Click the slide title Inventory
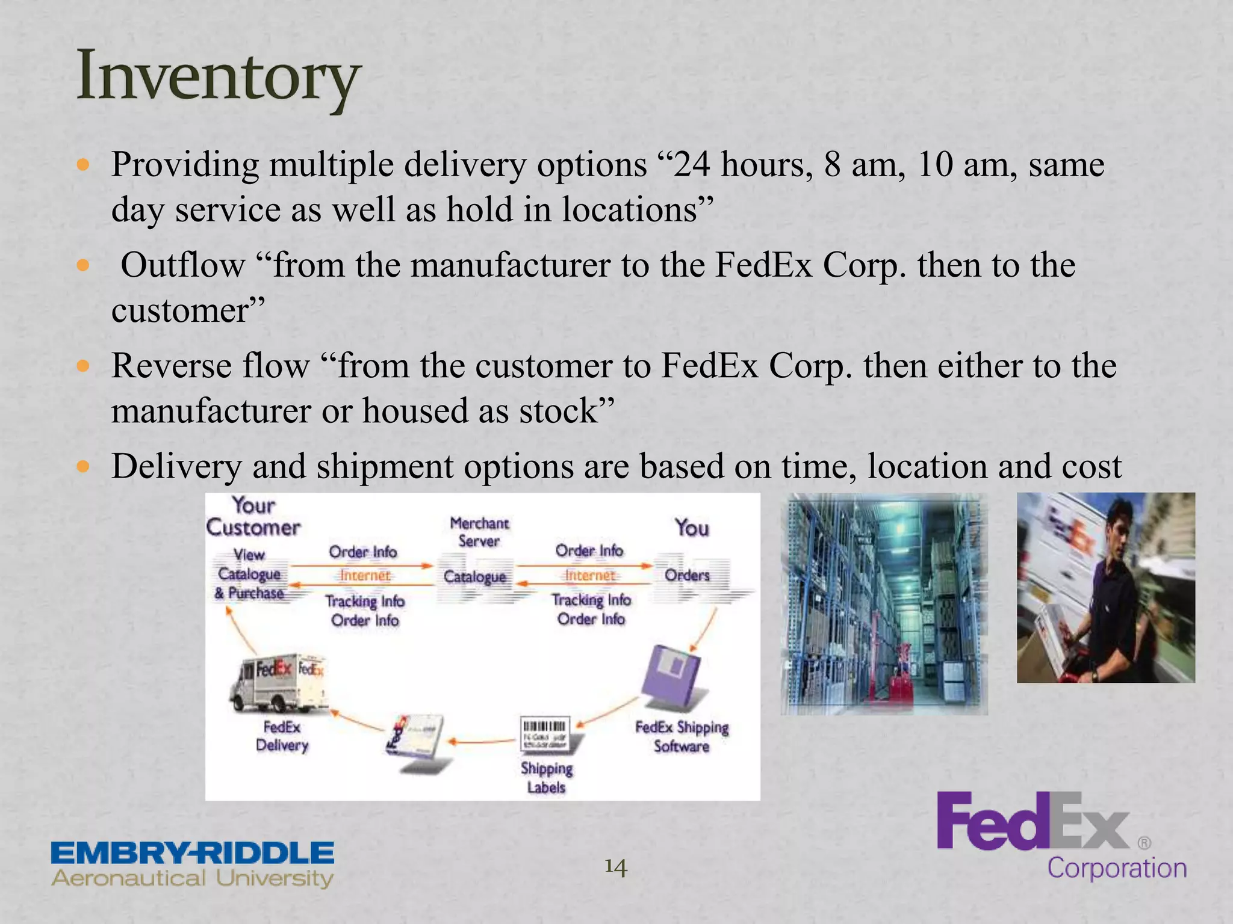(218, 77)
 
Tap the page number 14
(615, 867)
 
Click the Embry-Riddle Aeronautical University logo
(193, 864)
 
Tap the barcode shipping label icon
(545, 735)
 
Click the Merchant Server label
(479, 532)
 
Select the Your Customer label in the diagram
(253, 516)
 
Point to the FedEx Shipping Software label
(682, 736)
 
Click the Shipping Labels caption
(546, 777)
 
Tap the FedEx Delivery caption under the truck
(282, 736)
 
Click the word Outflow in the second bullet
(182, 265)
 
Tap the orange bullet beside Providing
(84, 164)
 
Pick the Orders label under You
(687, 575)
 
